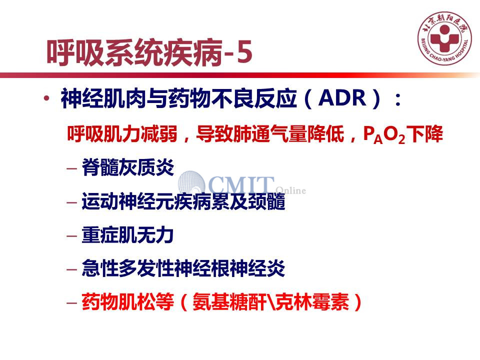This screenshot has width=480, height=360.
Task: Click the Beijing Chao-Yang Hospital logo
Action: pos(445,38)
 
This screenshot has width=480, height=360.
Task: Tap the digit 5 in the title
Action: pos(244,51)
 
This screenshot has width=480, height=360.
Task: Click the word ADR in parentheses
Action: pos(342,98)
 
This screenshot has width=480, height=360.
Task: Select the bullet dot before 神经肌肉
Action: pos(46,98)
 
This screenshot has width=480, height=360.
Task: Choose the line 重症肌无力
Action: pos(127,235)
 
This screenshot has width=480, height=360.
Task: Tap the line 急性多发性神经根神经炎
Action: pos(183,268)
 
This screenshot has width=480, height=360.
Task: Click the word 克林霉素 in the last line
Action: pos(312,302)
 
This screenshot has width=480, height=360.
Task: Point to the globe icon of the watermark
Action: pos(191,183)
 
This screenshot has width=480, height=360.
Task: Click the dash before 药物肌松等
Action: pos(71,303)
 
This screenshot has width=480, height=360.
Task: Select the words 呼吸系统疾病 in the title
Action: pos(134,52)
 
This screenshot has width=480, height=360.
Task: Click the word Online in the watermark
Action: pos(291,190)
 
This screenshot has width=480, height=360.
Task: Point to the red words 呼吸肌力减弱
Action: pos(122,134)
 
